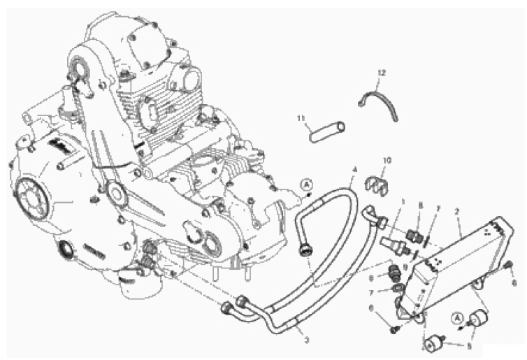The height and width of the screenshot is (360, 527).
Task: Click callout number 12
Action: click(382, 73)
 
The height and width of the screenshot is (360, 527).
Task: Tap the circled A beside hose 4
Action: click(306, 184)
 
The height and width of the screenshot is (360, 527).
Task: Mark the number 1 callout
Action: click(403, 203)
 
